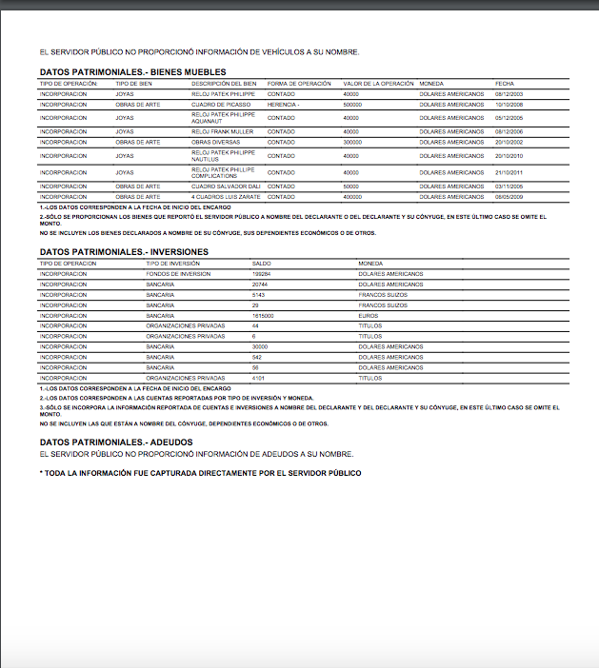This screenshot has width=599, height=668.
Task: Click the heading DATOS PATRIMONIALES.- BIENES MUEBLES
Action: tap(132, 72)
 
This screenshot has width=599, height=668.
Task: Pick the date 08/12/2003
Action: tap(509, 93)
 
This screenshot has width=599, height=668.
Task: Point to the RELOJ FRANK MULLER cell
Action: tap(222, 131)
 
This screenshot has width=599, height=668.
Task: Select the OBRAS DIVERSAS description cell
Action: tap(214, 141)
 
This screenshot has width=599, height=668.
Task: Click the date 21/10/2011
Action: tap(509, 171)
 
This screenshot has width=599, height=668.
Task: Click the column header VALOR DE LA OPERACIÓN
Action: tap(378, 84)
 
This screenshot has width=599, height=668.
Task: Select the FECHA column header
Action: tap(505, 84)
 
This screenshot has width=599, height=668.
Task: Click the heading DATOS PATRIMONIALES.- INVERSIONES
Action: tap(124, 251)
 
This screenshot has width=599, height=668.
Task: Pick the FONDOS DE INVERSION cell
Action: tap(178, 273)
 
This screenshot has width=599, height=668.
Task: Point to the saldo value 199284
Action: tap(261, 273)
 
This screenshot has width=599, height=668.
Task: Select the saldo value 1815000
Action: tap(263, 315)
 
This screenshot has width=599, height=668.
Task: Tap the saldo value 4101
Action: tap(258, 378)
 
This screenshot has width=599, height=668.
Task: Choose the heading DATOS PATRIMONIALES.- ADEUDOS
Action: tap(116, 442)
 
